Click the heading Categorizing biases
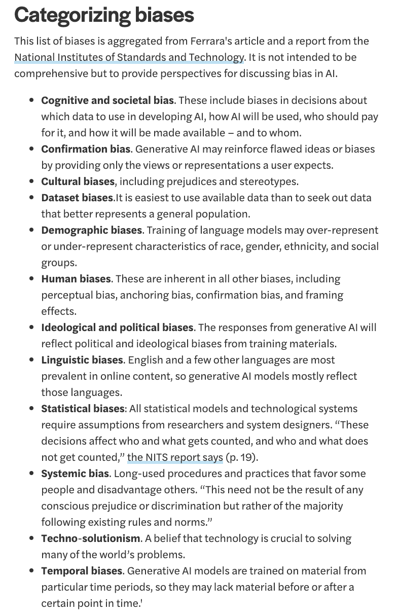104,15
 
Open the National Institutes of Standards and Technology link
129,57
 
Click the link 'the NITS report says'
175,457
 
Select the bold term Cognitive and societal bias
107,100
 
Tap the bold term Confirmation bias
86,149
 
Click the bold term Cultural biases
78,182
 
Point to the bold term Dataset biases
77,198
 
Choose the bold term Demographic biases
91,230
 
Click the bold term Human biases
76,279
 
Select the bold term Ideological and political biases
117,328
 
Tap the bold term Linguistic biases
82,360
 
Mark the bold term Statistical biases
83,409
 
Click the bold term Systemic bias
75,474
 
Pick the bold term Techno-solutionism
90,538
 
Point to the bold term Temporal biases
82,571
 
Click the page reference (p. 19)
241,457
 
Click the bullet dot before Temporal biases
31,571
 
